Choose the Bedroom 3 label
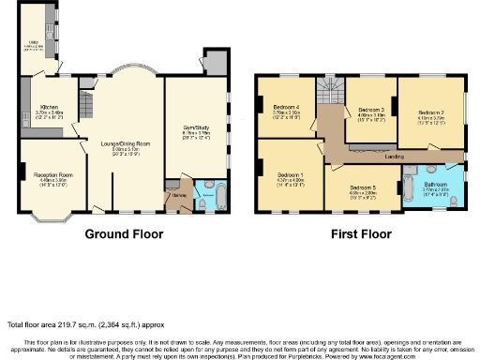370,112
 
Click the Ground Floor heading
125,233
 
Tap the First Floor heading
359,233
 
